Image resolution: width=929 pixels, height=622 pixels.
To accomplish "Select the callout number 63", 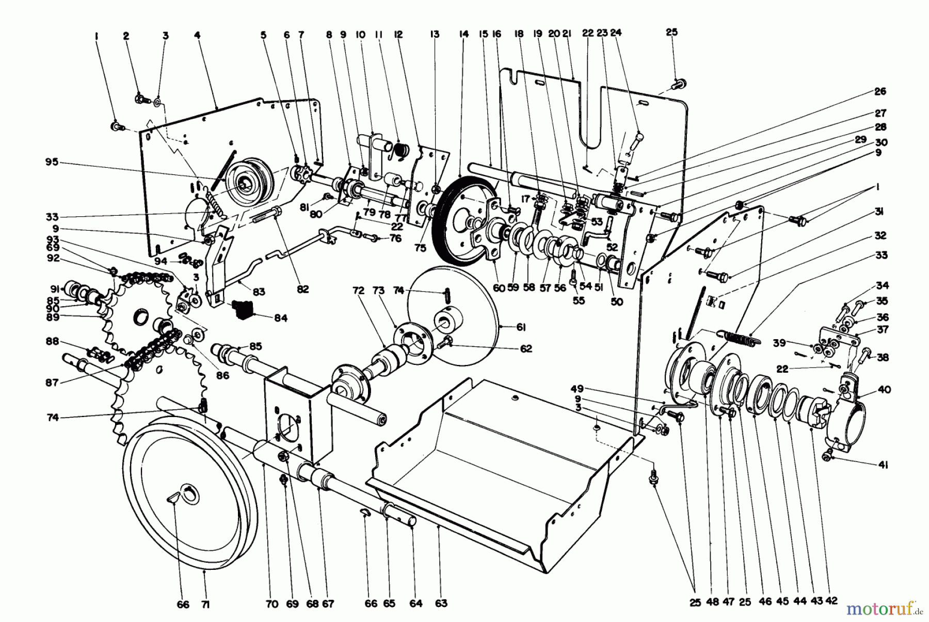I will pos(441,603).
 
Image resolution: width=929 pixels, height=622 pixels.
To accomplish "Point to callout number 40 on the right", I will pos(883,390).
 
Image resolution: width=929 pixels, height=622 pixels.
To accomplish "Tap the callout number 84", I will pos(280,318).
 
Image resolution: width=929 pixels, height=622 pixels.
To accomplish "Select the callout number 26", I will pos(879,91).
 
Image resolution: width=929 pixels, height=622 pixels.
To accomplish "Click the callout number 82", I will pos(302,290).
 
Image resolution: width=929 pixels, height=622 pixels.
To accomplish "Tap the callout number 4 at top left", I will pos(197,36).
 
